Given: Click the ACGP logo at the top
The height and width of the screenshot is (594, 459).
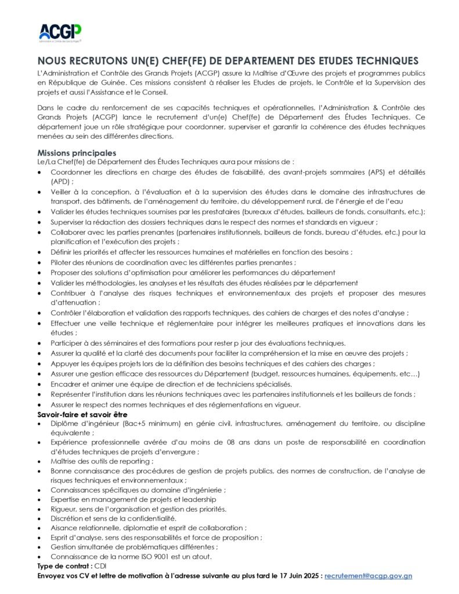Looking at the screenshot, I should click(60, 32).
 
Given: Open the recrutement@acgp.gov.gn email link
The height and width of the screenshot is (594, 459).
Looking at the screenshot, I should click(368, 577).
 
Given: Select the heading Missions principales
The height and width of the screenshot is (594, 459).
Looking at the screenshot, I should click(73, 153).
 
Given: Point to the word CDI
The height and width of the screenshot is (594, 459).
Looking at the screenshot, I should click(100, 567).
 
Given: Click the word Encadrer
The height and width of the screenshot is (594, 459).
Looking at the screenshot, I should click(66, 385).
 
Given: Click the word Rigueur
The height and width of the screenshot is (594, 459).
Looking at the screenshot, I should click(64, 509).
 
